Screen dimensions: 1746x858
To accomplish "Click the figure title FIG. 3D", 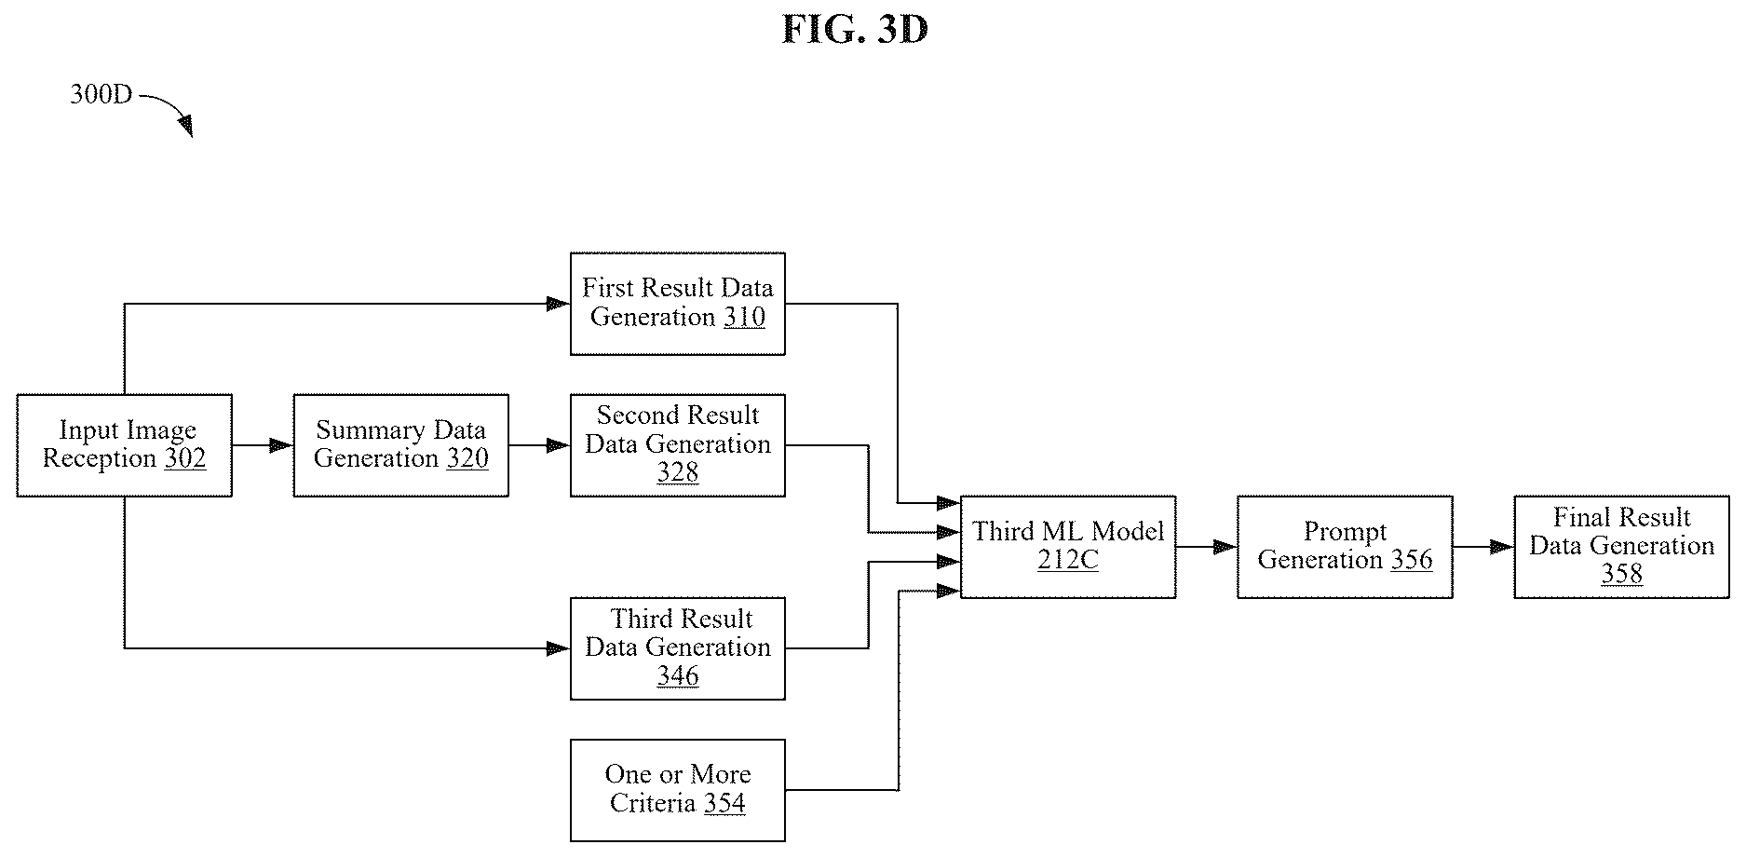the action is click(x=855, y=30).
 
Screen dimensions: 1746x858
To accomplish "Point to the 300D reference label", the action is click(x=102, y=95).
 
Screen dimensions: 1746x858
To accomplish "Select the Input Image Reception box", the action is click(x=124, y=445).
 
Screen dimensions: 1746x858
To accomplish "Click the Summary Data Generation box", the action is click(x=401, y=445).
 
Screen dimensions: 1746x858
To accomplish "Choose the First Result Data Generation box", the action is click(x=678, y=304).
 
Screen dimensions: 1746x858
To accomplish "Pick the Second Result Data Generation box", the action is click(x=678, y=445).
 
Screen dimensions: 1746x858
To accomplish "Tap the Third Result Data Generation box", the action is click(x=678, y=648).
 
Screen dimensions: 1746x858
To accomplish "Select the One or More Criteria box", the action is click(x=678, y=790).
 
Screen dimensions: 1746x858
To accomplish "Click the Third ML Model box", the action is click(x=1068, y=547).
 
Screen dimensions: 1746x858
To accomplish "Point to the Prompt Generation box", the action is click(x=1345, y=547).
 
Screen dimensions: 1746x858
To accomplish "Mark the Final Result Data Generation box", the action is click(x=1622, y=547).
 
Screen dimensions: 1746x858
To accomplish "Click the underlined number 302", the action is click(x=185, y=459).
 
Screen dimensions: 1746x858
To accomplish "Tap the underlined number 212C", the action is click(x=1068, y=561).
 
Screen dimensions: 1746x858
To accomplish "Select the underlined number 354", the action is click(x=724, y=804).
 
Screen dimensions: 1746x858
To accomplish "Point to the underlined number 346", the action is click(x=678, y=676).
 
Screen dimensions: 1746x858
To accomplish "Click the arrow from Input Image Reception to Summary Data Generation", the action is click(x=263, y=445).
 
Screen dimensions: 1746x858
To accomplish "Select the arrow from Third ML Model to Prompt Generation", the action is click(x=1207, y=547).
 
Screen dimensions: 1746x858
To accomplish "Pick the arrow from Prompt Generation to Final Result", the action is click(x=1483, y=547).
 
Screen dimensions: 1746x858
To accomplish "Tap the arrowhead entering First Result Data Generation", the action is click(x=558, y=304).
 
